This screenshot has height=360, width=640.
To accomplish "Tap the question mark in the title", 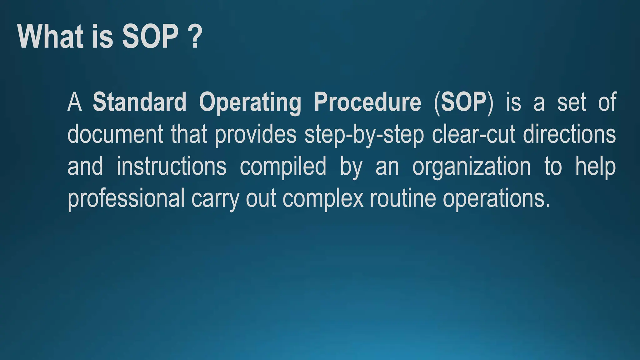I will (195, 37).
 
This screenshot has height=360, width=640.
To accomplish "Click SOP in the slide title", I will (150, 37).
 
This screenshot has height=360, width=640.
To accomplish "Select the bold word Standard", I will (139, 102).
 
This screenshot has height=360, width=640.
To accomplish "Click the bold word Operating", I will (250, 102).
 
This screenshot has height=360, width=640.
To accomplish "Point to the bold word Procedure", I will (367, 102).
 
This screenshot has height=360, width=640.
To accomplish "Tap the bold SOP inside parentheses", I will (463, 102).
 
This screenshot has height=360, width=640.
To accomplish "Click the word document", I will (115, 134).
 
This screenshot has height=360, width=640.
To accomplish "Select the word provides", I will (256, 134).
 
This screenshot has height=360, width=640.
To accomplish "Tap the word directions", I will (569, 134).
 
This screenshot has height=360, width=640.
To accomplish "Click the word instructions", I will (171, 167).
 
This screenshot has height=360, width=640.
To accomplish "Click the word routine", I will (403, 199).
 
